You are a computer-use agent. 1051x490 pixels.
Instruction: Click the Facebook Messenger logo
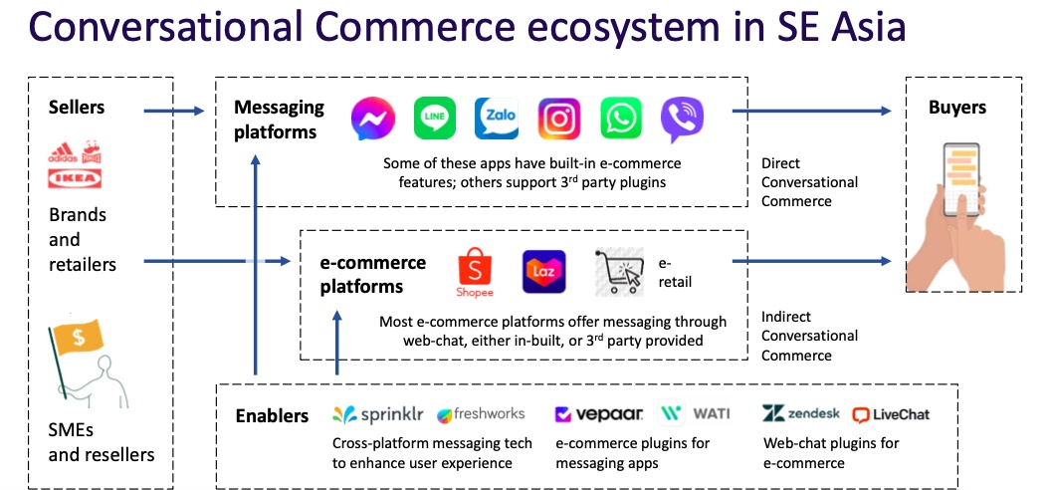point(372,119)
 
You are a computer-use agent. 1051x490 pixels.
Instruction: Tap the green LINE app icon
point(434,118)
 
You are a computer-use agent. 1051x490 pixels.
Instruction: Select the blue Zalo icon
point(496,118)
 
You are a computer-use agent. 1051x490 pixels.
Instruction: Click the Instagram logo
point(558,118)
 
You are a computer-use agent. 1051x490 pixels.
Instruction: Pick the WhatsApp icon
point(621,118)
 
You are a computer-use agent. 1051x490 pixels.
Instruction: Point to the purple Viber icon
point(682,120)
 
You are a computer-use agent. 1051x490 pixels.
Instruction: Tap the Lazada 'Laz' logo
point(543,272)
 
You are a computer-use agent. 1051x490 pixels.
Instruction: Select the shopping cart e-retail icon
point(619,272)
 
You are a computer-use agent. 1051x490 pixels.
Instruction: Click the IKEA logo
point(75,177)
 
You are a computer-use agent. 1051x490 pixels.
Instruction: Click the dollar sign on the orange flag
point(79,337)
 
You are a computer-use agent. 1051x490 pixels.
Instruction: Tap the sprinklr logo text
point(378,415)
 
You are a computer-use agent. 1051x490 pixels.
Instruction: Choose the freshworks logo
point(481,414)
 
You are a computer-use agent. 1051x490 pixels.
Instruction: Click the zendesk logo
point(800,413)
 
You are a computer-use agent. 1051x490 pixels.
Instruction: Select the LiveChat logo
point(891,415)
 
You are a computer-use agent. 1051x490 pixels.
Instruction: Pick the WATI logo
point(695,413)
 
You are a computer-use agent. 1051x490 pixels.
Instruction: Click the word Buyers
point(957,108)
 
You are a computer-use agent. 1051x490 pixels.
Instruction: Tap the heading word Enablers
point(272,415)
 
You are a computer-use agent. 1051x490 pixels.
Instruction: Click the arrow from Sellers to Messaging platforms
point(173,111)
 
